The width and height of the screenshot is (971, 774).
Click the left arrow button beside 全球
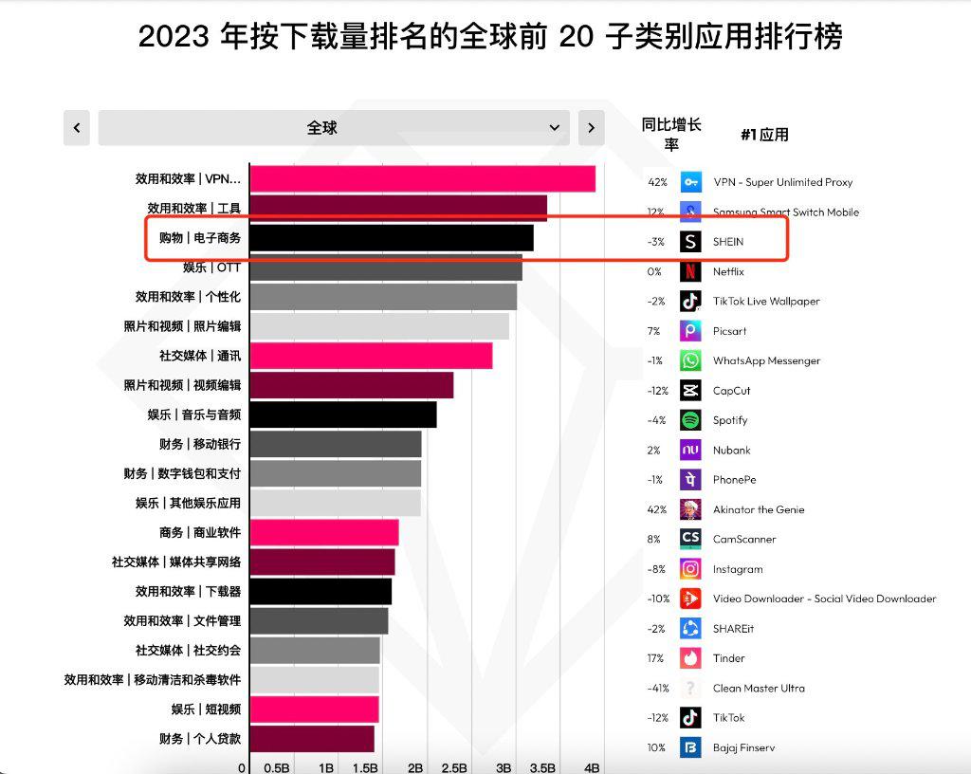click(77, 128)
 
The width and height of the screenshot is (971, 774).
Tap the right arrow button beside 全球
click(591, 128)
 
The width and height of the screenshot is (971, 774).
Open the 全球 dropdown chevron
click(555, 128)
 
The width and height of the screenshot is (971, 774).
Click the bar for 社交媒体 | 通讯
click(371, 356)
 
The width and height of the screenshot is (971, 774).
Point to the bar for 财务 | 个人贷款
click(312, 739)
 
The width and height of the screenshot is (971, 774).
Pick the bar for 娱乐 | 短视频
click(314, 709)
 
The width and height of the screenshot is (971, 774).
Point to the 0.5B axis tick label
click(276, 767)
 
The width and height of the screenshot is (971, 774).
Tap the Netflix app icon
click(690, 271)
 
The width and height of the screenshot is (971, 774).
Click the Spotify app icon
click(690, 420)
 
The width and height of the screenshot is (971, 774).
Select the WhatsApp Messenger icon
click(690, 360)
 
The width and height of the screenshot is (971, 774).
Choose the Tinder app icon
click(690, 658)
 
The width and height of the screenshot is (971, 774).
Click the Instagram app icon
click(690, 569)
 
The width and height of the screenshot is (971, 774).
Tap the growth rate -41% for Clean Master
click(657, 689)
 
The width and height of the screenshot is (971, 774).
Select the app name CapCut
click(731, 391)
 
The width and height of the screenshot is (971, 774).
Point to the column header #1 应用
click(764, 135)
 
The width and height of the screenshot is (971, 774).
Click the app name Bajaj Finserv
click(743, 747)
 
